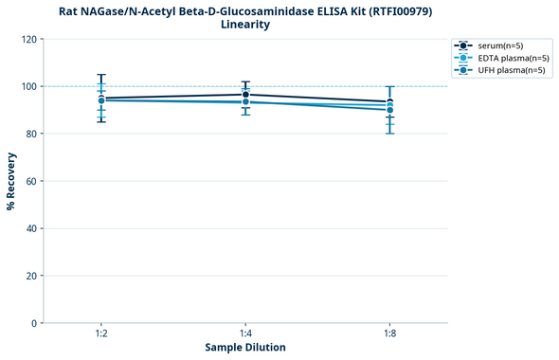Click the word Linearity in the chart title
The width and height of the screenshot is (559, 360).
245,25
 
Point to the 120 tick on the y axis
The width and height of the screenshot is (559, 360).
28,39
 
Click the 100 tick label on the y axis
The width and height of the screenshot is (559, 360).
28,86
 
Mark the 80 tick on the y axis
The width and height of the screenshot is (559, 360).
31,134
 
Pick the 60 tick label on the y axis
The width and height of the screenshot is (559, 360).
31,181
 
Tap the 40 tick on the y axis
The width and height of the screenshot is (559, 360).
31,228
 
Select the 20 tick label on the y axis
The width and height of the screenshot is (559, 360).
31,276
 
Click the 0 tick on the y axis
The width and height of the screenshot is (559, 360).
34,323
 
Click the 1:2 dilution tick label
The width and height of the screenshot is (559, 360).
101,334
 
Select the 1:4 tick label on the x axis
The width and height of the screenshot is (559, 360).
245,334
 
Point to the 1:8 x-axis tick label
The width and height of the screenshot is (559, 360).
390,334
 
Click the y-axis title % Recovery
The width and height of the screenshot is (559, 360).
11,181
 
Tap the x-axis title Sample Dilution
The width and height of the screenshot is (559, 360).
245,348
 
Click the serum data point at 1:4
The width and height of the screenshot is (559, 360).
245,95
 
